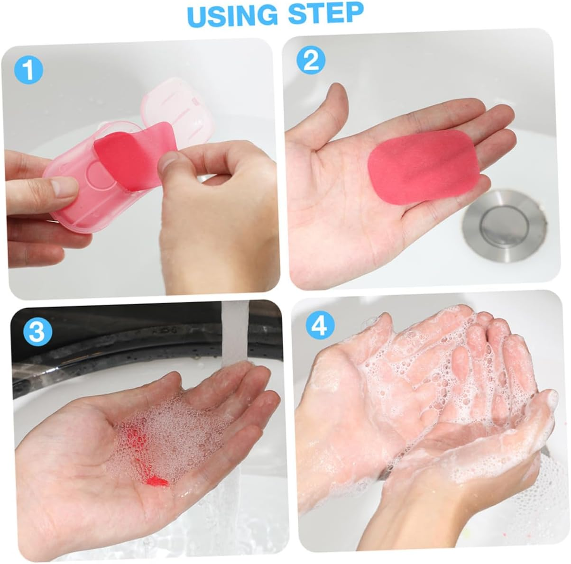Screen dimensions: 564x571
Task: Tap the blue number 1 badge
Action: (28, 70)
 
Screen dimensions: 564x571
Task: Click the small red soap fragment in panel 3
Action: (157, 482)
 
